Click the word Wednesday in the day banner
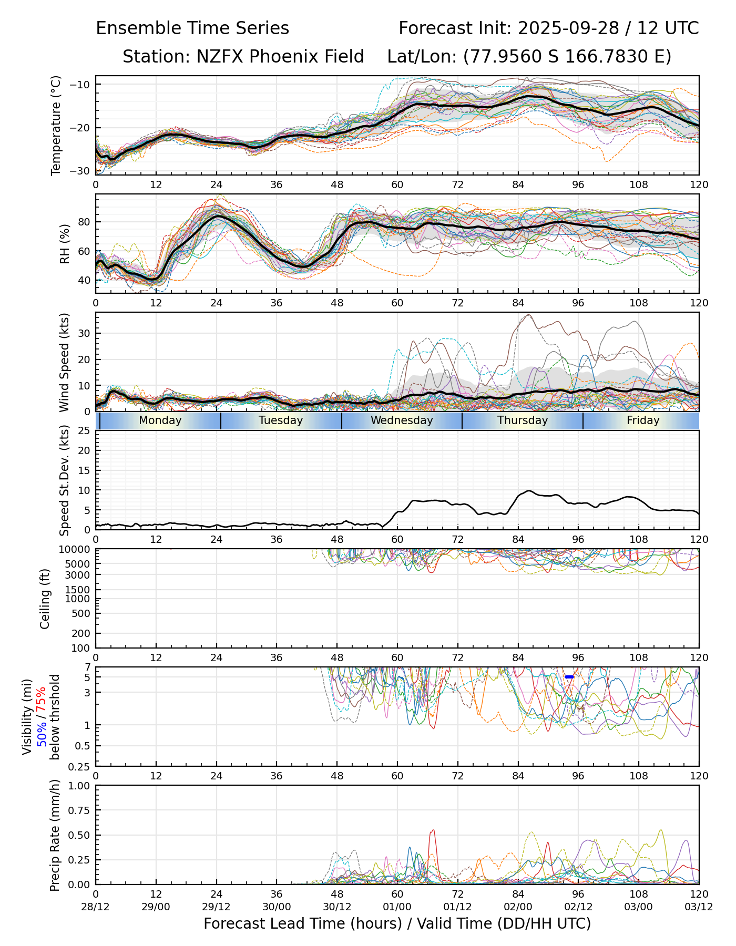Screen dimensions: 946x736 point(402,420)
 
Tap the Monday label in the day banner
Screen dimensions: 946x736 point(160,420)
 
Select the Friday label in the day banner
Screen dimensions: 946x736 point(643,420)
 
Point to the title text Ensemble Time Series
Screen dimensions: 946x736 point(192,28)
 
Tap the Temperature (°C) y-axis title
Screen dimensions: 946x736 point(56,125)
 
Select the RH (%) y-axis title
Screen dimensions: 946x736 point(65,243)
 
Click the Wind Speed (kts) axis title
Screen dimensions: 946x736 point(65,362)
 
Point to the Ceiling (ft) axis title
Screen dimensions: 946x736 point(45,599)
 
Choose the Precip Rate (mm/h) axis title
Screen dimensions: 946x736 point(55,835)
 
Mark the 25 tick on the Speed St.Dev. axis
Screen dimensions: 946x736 point(84,431)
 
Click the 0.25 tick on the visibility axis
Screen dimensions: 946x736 point(80,766)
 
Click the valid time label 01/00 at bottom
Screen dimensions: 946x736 point(397,907)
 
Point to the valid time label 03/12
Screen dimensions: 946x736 point(699,907)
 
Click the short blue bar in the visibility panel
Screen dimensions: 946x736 point(569,677)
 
